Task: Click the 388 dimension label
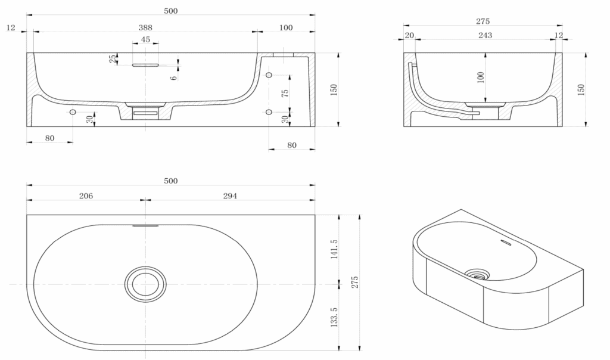tap(145, 27)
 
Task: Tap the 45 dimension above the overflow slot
tap(145, 40)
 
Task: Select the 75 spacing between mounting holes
tap(285, 94)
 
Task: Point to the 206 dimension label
tap(86, 195)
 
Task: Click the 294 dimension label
tap(230, 195)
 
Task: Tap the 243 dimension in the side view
tap(485, 35)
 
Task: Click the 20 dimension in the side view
tap(409, 35)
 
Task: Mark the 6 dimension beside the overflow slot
tap(173, 77)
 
